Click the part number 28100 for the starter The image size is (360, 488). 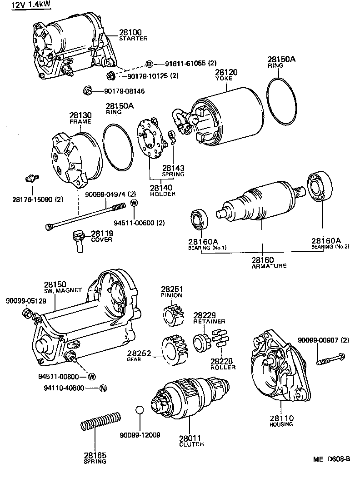pyautogui.click(x=130, y=32)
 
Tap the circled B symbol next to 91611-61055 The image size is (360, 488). pyautogui.click(x=149, y=64)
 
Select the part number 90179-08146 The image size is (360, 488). pyautogui.click(x=118, y=91)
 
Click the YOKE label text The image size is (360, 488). pyautogui.click(x=224, y=79)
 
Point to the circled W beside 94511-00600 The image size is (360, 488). pyautogui.click(x=134, y=203)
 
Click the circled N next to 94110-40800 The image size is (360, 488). pyautogui.click(x=103, y=388)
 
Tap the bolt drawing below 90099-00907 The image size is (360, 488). pyautogui.click(x=330, y=359)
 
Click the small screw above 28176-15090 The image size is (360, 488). pyautogui.click(x=30, y=178)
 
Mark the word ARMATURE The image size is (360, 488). pyautogui.click(x=269, y=266)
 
